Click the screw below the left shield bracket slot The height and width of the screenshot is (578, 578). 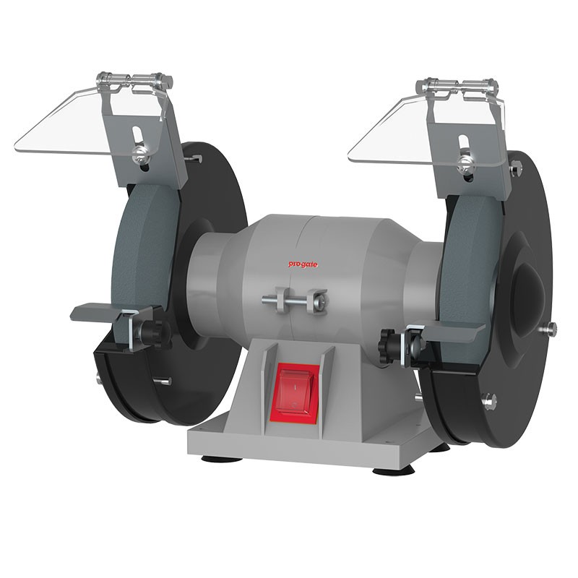point(139,153)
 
